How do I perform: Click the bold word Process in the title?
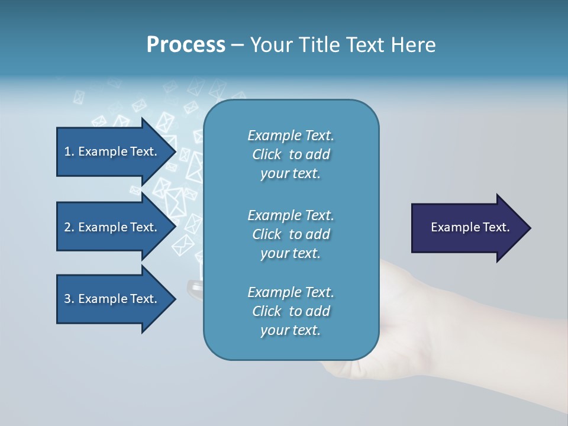point(186,44)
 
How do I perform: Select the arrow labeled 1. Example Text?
point(110,151)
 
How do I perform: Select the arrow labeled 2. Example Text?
point(110,227)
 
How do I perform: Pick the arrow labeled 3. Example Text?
point(110,299)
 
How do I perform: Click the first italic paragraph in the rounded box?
point(291,154)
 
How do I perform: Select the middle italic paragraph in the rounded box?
point(291,234)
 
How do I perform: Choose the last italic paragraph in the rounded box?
point(291,311)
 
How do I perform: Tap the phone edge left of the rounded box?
point(195,289)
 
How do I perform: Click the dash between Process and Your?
point(237,45)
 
